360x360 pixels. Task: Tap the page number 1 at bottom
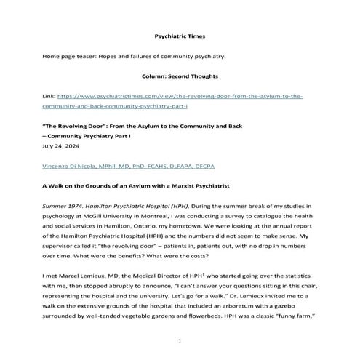[180, 340]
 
